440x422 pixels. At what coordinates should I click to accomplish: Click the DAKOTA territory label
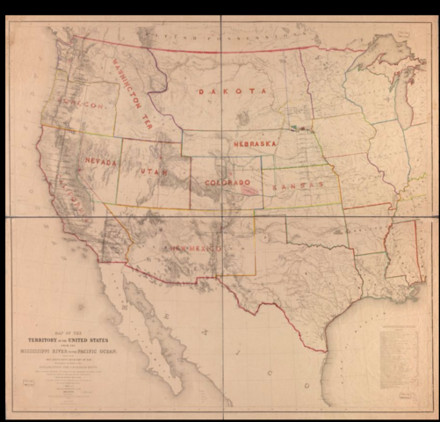(232, 91)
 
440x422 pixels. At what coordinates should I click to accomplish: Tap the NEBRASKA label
(256, 142)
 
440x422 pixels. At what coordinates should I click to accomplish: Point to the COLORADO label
(228, 183)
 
